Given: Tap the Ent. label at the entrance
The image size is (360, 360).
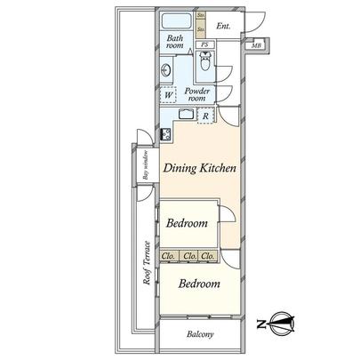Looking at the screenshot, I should pyautogui.click(x=223, y=28).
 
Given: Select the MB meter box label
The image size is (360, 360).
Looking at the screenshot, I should pyautogui.click(x=256, y=46).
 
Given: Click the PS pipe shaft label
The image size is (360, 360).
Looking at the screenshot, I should pyautogui.click(x=204, y=44).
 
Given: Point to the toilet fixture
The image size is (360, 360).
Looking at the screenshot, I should pyautogui.click(x=205, y=63).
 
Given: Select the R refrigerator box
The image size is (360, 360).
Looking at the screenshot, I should pyautogui.click(x=206, y=116).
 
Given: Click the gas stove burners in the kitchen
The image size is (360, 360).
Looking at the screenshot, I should pyautogui.click(x=165, y=136).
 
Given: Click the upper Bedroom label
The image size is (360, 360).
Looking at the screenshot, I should pyautogui.click(x=187, y=224).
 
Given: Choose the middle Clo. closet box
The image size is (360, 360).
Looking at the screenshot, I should pyautogui.click(x=188, y=257).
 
